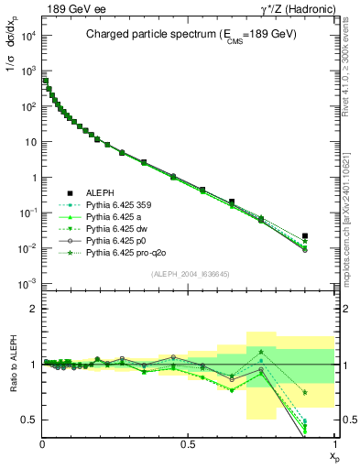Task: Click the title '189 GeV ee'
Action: tap(69, 8)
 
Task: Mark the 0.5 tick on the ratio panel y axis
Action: tap(30, 420)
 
